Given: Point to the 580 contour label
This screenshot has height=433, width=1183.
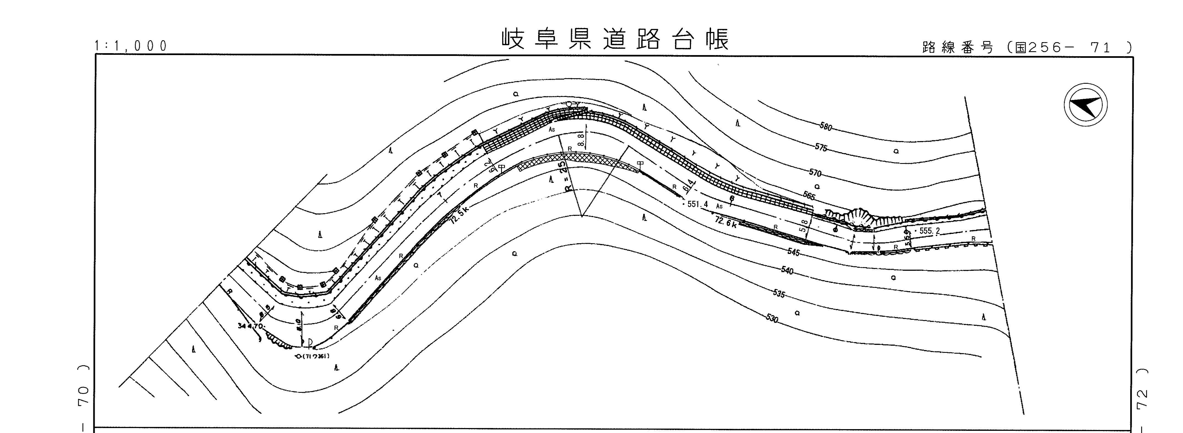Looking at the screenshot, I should pos(825,127).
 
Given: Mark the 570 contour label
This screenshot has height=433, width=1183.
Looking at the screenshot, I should pos(815,173).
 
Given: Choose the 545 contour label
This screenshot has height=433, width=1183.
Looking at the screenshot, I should pos(794,252).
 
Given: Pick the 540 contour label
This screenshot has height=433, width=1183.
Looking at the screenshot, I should pos(787,271).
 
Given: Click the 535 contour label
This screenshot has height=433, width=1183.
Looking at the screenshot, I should pos(779,293).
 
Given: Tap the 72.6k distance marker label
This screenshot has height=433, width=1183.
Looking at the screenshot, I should pos(726,223).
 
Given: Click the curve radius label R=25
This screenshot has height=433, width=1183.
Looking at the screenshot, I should pos(566,179).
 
